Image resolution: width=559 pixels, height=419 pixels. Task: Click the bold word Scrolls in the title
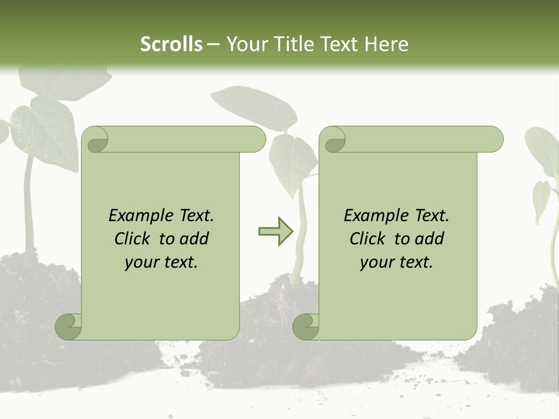pos(171,44)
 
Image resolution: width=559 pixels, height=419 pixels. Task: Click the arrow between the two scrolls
pos(275,232)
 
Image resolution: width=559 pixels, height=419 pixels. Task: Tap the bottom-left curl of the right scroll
pos(306,326)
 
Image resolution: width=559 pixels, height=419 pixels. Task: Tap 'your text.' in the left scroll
pos(161,262)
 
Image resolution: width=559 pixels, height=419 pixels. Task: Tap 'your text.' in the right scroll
pos(397,262)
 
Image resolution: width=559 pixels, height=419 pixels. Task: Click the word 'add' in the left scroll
pos(195,239)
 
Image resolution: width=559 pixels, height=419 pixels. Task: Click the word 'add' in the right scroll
pos(430,239)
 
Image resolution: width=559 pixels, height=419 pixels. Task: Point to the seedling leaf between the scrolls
pos(291,160)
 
